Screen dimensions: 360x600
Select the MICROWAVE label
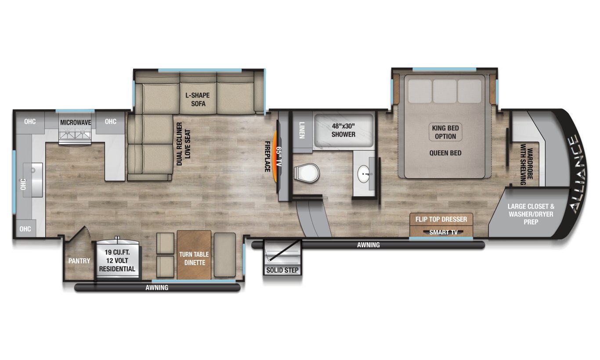click(x=76, y=122)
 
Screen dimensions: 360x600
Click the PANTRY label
click(x=79, y=261)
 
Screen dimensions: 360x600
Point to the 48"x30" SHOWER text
click(x=343, y=130)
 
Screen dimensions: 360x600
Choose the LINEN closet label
click(x=302, y=130)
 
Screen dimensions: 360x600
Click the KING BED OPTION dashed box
click(x=445, y=132)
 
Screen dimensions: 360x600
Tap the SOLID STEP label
click(x=282, y=270)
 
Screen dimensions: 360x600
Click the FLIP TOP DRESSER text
click(x=441, y=219)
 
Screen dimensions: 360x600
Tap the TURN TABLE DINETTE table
click(x=194, y=255)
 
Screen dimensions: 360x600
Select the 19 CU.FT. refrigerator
click(x=117, y=260)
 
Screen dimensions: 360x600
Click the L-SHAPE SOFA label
click(x=195, y=99)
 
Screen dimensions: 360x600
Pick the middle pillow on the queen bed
click(x=445, y=91)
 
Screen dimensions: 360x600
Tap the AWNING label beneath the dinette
click(x=157, y=288)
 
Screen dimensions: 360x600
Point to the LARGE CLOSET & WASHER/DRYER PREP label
click(x=530, y=214)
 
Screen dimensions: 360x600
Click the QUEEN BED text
click(x=445, y=153)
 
